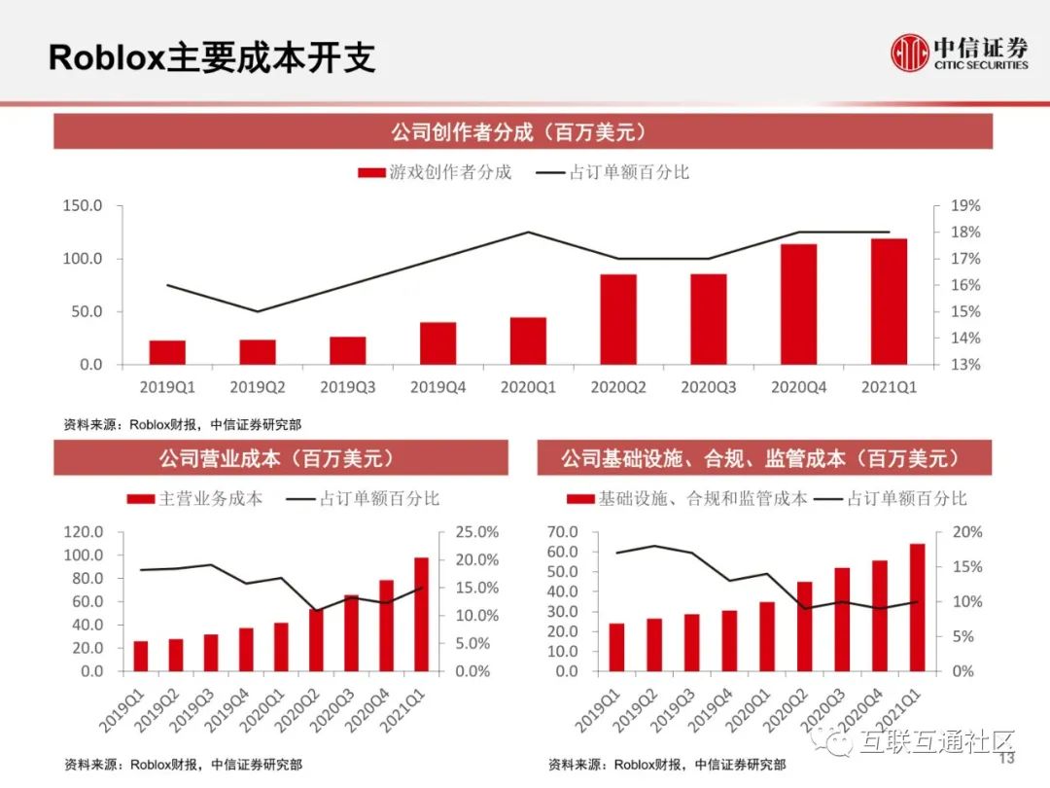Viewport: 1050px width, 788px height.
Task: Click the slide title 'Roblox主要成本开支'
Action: click(x=212, y=57)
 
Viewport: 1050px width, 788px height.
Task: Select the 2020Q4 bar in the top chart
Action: click(x=798, y=304)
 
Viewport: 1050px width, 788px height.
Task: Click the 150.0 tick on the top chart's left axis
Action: click(x=83, y=206)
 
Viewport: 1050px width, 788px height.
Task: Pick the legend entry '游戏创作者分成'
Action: click(x=435, y=172)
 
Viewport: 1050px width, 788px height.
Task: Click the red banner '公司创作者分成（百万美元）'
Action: click(x=523, y=131)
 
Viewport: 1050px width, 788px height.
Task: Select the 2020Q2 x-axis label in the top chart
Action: click(x=617, y=387)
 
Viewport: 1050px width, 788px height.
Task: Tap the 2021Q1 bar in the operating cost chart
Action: click(x=421, y=614)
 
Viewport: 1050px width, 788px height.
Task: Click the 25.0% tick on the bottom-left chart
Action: click(x=477, y=532)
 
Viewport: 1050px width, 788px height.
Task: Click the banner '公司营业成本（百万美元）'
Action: click(x=280, y=458)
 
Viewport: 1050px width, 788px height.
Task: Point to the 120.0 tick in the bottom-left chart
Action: click(x=84, y=532)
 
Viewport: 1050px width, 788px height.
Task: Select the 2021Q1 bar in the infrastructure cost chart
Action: click(x=917, y=607)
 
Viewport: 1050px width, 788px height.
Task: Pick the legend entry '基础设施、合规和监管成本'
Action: click(x=687, y=498)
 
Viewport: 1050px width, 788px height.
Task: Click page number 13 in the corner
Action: click(x=1006, y=759)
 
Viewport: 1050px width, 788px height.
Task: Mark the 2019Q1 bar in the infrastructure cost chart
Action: click(x=616, y=647)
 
